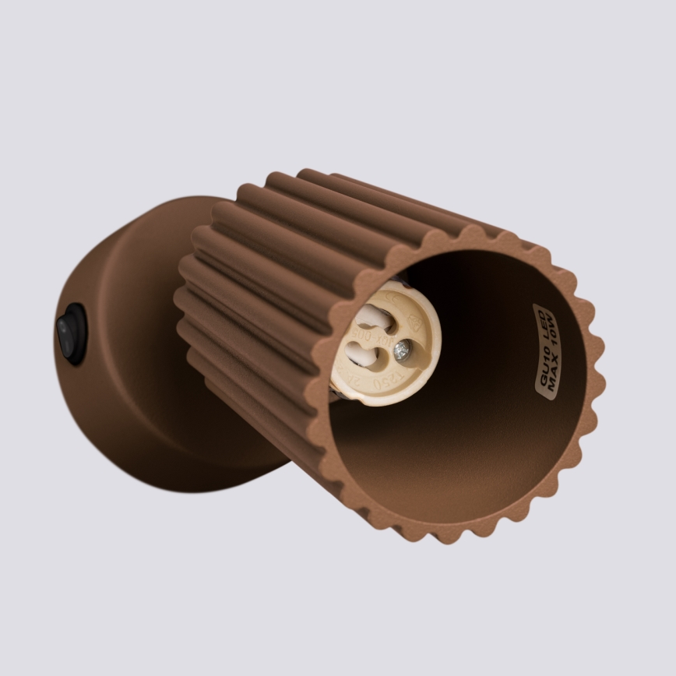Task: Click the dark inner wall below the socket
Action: [x=436, y=467]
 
